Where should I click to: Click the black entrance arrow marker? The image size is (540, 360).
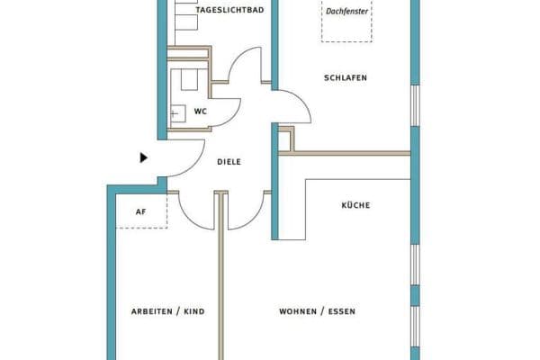pos(144,157)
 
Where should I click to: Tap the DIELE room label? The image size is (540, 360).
pos(229,162)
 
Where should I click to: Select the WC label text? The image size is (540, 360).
pos(201,112)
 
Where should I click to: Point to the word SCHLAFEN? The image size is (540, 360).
pos(346,78)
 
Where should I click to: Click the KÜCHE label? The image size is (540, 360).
pos(355,205)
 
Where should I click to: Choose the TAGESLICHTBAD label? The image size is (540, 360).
pos(229,10)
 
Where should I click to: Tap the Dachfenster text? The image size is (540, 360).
pos(346,12)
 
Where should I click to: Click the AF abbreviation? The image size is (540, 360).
pos(141,211)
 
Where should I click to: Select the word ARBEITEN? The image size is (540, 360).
pos(152,311)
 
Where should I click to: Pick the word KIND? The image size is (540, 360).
pos(194,311)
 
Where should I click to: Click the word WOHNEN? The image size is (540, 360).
pos(298,311)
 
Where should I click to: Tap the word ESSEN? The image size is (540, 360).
pos(342,311)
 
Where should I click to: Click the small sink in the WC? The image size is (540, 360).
pos(178,113)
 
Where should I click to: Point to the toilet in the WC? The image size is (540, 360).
pos(189,79)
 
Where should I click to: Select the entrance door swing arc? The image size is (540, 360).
pos(193,165)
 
